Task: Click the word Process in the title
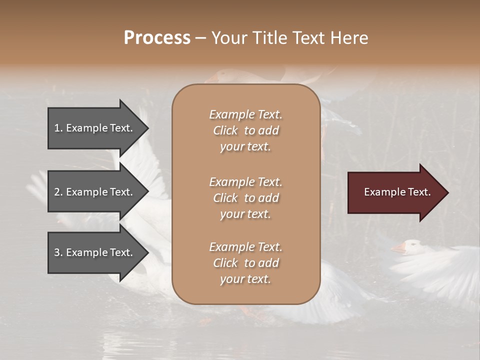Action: click(157, 38)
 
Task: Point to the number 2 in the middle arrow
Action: click(57, 192)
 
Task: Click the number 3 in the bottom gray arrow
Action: click(57, 252)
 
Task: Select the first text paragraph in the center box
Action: click(245, 130)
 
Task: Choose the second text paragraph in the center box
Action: click(245, 198)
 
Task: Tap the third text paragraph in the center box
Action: click(245, 263)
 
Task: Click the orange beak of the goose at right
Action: click(398, 248)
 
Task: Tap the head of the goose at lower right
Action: click(412, 245)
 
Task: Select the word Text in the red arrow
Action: click(419, 192)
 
